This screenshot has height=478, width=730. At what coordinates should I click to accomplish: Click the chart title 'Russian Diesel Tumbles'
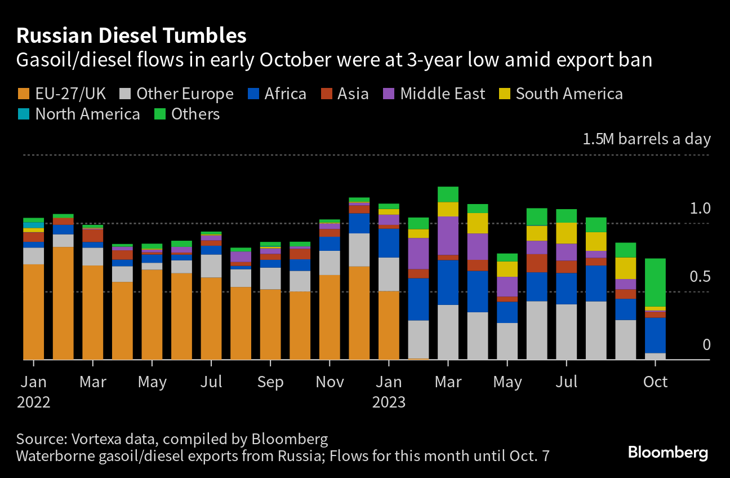[x=131, y=36]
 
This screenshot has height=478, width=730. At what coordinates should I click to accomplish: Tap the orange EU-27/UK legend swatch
[x=24, y=94]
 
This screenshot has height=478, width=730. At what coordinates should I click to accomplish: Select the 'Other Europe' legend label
[x=185, y=94]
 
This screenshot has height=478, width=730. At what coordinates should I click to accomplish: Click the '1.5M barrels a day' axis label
[x=647, y=139]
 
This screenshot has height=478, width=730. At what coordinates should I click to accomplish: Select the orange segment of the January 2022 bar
[x=34, y=311]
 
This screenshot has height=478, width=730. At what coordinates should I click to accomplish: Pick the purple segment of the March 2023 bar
[x=448, y=236]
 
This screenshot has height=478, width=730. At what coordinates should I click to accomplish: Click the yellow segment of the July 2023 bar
[x=566, y=233]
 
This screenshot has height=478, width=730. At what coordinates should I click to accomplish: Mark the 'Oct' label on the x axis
[x=655, y=382]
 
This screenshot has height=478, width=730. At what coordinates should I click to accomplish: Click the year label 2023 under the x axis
[x=389, y=402]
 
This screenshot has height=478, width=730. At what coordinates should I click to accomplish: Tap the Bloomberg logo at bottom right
[x=667, y=452]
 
